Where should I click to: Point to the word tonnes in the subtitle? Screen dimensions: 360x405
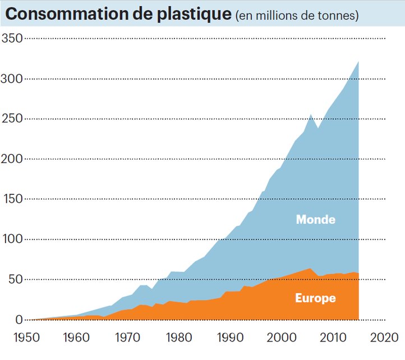tap(337, 16)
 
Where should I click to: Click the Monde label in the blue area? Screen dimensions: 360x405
tap(315, 220)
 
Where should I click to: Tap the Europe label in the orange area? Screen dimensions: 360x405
tap(315, 298)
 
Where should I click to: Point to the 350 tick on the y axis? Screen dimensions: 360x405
tap(12, 38)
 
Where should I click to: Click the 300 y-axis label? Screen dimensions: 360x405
tap(12, 79)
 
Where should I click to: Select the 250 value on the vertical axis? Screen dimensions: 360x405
tap(12, 119)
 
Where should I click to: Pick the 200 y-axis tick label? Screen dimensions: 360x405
tap(12, 159)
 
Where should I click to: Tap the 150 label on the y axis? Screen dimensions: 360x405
tap(12, 199)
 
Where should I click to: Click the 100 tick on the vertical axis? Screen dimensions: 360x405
tap(12, 239)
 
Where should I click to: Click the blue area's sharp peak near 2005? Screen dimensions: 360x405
tap(311, 115)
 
